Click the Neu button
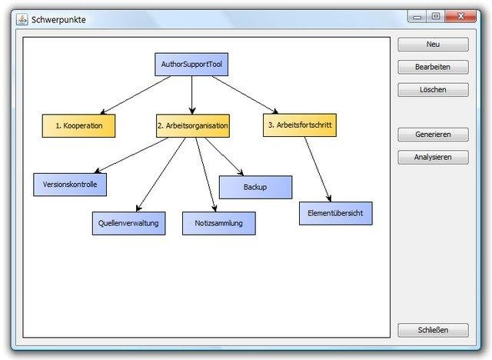[433, 45]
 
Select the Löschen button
[433, 90]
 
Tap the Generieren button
[433, 135]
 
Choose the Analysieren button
[433, 157]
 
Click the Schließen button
[433, 330]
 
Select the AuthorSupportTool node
[191, 64]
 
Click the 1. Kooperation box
[78, 125]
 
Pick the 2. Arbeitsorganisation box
[192, 125]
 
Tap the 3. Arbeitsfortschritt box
[299, 125]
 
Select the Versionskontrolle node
[70, 185]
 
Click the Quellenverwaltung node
[128, 223]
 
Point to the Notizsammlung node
[219, 223]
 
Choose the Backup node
[255, 187]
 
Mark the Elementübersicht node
[335, 213]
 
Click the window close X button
[460, 15]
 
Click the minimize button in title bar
[417, 15]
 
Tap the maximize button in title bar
[435, 15]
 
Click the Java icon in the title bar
[22, 19]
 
